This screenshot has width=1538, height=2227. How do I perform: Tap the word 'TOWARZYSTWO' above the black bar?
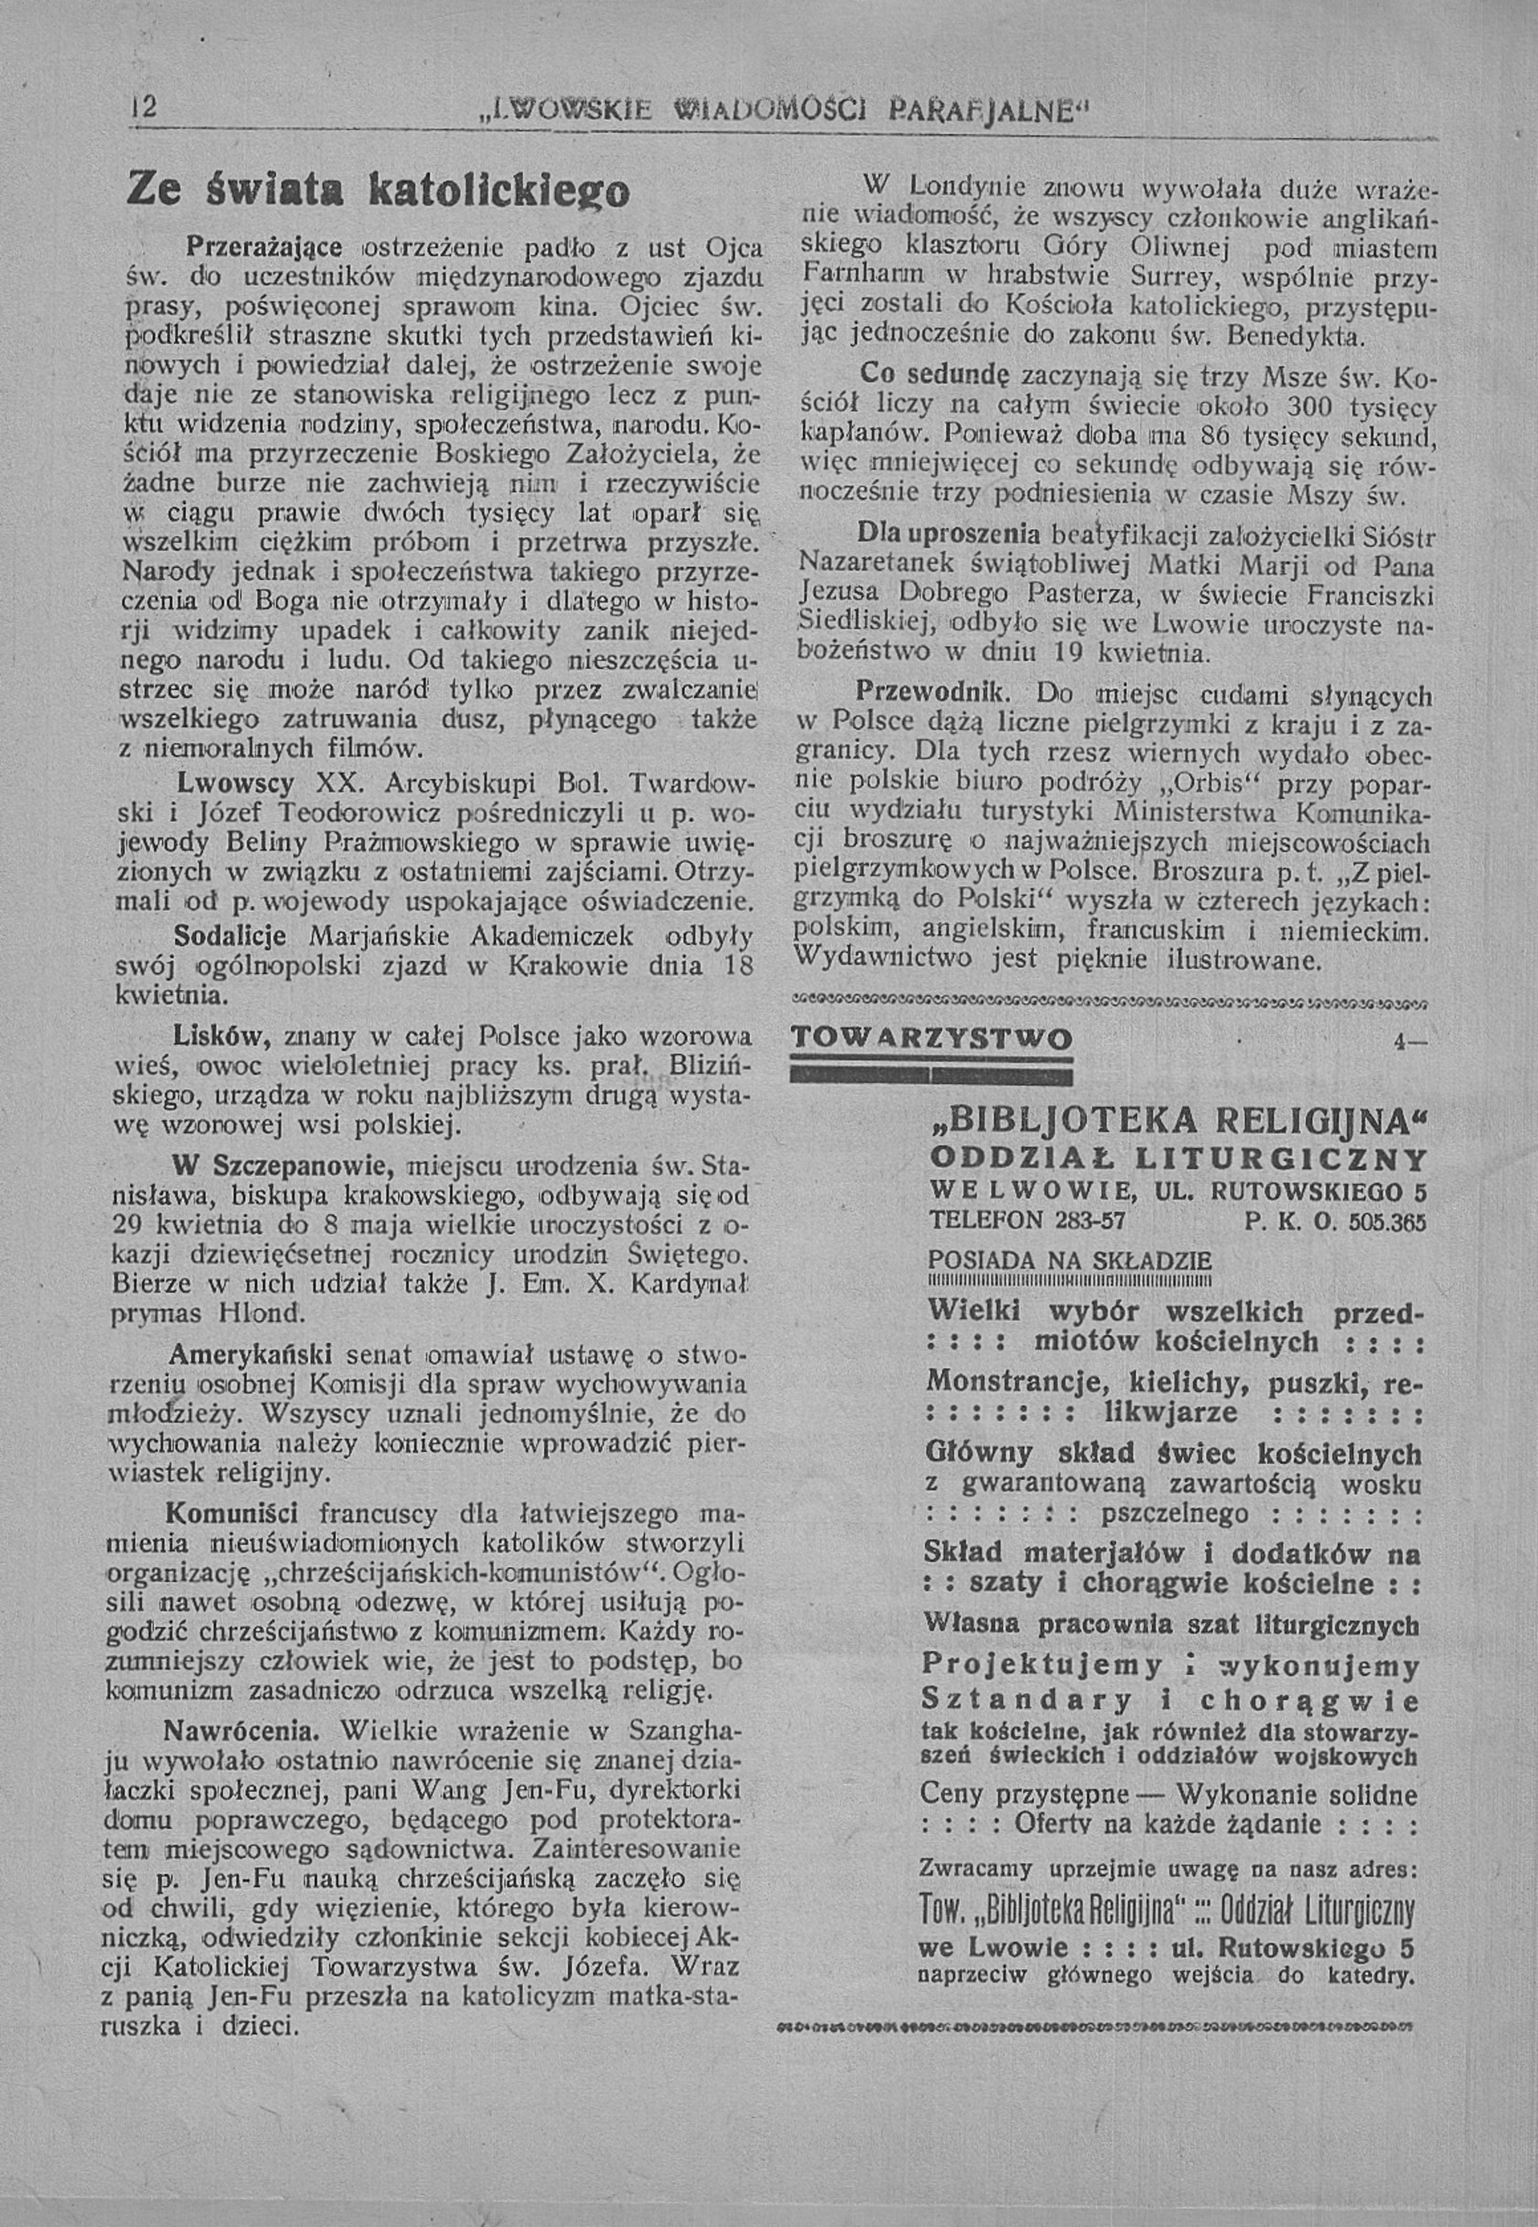(x=930, y=1040)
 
